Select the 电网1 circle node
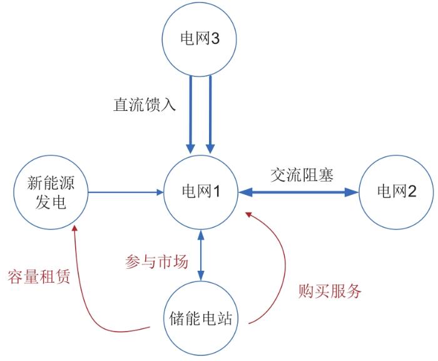[200, 191]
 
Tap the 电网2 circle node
[395, 191]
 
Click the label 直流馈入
[144, 103]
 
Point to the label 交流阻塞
[302, 174]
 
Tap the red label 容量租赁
[38, 276]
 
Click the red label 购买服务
[330, 291]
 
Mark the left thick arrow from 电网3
[190, 113]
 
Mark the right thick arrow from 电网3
[210, 113]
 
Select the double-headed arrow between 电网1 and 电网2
[298, 192]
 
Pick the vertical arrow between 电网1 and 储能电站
[201, 254]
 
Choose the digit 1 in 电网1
[215, 191]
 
